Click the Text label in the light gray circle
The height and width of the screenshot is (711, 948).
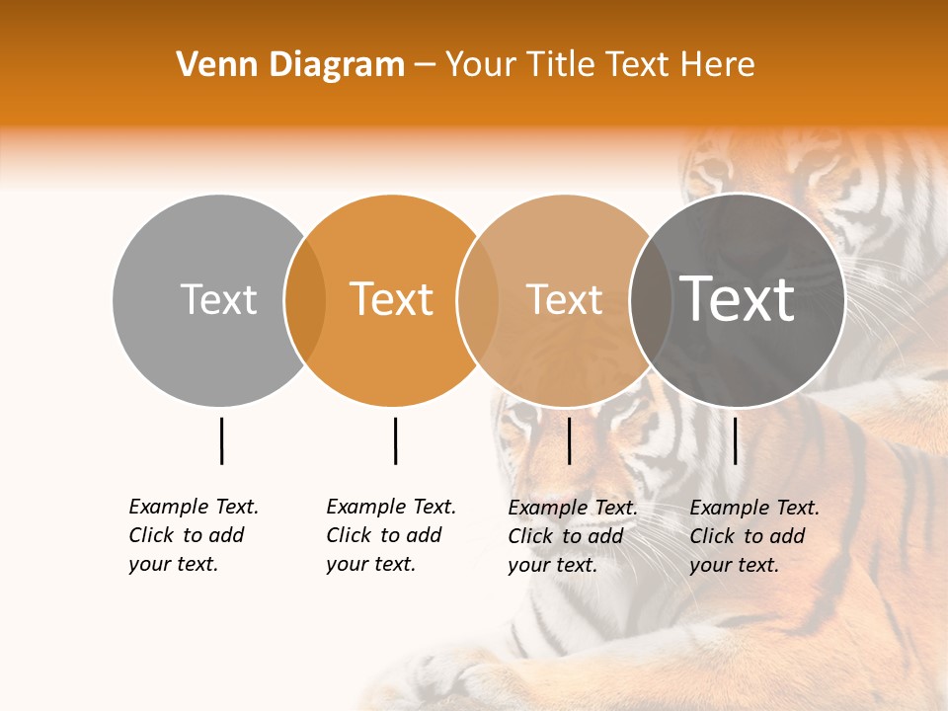tap(218, 299)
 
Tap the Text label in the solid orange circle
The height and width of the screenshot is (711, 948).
tap(392, 299)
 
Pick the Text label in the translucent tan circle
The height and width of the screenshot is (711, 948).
tap(564, 299)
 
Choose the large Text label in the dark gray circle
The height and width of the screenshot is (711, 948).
tap(737, 299)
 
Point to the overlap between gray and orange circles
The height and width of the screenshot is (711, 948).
tap(305, 300)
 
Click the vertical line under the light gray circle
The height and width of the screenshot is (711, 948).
tap(221, 440)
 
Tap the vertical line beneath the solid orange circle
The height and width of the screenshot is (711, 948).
tap(395, 440)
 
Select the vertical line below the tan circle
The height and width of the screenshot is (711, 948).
tap(569, 440)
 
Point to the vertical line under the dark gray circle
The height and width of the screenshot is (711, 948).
tap(735, 440)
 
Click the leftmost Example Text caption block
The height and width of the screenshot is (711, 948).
tap(194, 535)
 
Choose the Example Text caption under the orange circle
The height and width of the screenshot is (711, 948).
tap(391, 535)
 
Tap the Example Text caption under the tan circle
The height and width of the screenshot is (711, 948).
tap(573, 536)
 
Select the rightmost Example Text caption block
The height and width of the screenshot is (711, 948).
tap(754, 536)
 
